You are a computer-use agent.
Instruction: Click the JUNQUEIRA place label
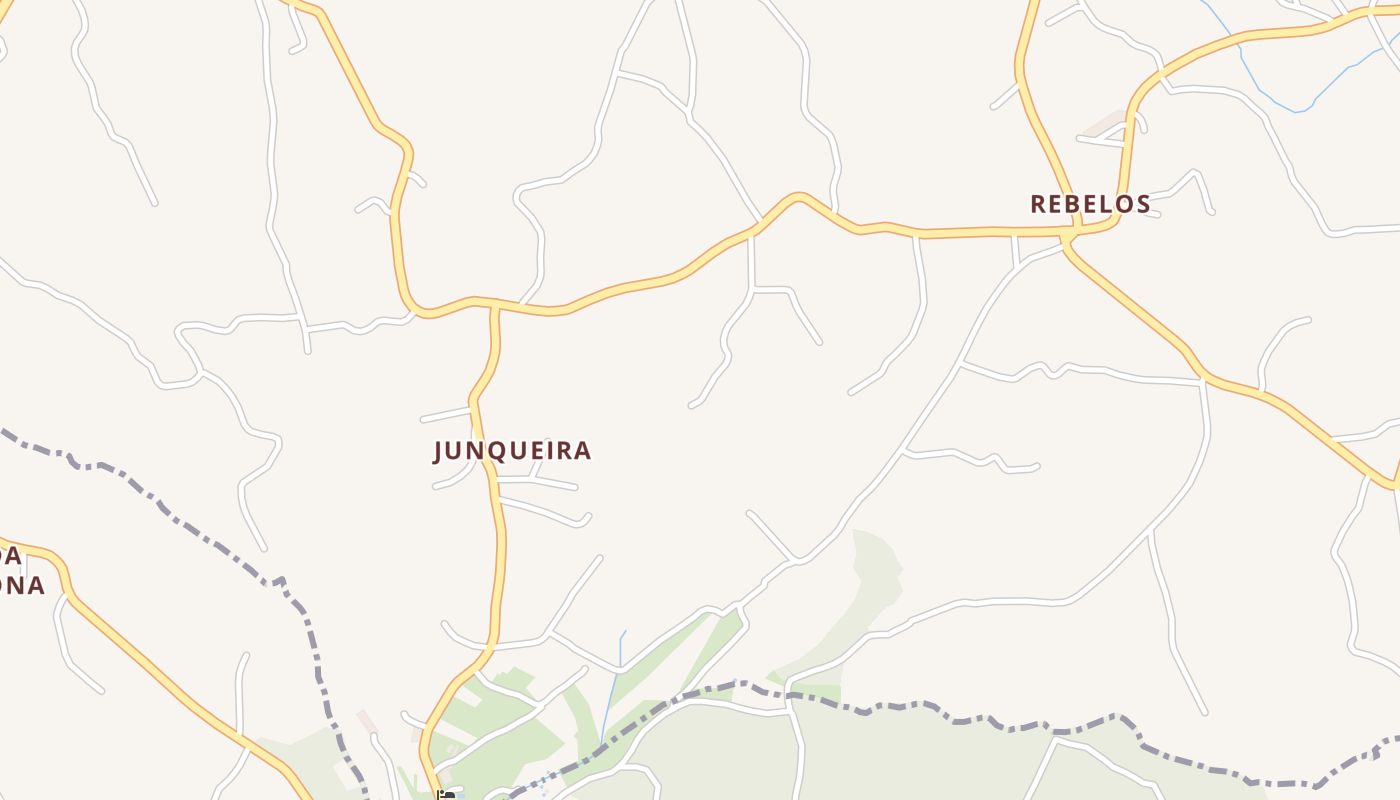click(512, 451)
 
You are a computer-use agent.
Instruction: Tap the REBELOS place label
click(1090, 204)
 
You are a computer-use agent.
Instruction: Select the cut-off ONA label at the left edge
click(21, 586)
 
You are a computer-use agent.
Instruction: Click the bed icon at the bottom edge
click(446, 795)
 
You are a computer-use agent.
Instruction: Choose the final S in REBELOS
click(1143, 204)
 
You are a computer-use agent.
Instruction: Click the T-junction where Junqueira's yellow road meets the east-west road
click(494, 308)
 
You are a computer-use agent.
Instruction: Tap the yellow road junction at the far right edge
click(1393, 484)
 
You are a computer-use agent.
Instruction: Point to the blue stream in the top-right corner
click(1270, 95)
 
